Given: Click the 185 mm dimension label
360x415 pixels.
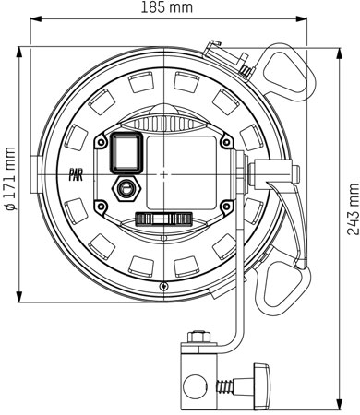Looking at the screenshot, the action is tap(167, 7).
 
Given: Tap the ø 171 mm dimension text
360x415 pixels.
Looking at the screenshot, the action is tap(10, 179).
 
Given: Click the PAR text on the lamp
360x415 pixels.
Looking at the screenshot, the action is tap(75, 177).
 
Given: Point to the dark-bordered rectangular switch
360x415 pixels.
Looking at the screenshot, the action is tap(126, 152).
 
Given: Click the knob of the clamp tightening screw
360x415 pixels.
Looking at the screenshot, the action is tap(261, 386).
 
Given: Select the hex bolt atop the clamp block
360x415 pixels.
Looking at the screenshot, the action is tap(198, 337).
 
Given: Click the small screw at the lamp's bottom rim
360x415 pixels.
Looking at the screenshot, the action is tap(164, 286).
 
